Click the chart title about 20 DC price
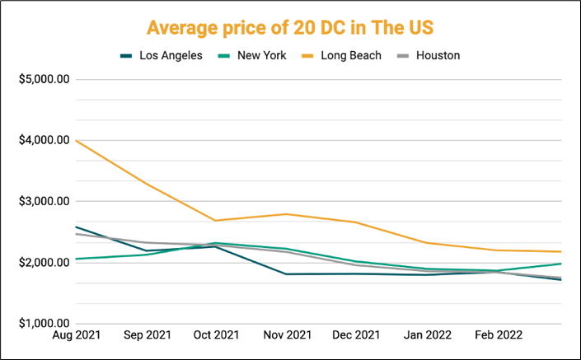pos(290,27)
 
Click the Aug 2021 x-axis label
pos(76,338)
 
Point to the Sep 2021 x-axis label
pos(146,338)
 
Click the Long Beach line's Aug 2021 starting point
pos(76,140)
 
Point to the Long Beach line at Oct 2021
pos(215,221)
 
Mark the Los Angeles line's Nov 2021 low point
pos(285,274)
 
